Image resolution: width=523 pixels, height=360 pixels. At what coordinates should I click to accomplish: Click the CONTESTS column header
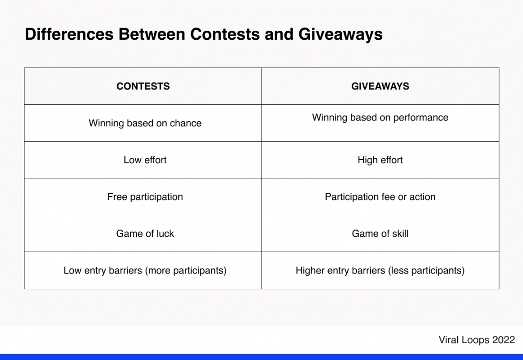[x=143, y=86]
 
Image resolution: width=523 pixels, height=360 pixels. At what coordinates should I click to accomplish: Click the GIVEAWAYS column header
[x=380, y=86]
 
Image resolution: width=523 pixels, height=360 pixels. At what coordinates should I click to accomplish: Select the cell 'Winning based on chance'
[x=145, y=123]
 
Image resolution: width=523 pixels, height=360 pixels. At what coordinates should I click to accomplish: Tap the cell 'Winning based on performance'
[x=380, y=118]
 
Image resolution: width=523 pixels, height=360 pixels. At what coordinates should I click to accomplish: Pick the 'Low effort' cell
[x=145, y=160]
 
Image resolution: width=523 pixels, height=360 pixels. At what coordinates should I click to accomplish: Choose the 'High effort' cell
[x=380, y=160]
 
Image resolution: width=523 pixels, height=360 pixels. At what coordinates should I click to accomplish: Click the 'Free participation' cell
[x=145, y=197]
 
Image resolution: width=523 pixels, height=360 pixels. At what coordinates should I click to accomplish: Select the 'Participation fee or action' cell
[x=380, y=197]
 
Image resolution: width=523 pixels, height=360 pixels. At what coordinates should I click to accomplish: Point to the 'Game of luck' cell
[x=145, y=234]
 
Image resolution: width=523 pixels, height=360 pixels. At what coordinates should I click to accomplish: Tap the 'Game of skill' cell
[x=380, y=234]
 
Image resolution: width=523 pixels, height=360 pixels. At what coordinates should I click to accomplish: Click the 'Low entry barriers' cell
[x=145, y=271]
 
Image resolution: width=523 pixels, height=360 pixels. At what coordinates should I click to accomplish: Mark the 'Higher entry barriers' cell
[x=380, y=271]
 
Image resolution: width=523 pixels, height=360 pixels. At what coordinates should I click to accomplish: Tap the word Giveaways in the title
[x=340, y=34]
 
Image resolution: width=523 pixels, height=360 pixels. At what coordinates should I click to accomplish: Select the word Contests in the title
[x=225, y=34]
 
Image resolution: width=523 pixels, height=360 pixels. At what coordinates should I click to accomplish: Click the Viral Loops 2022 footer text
[x=477, y=340]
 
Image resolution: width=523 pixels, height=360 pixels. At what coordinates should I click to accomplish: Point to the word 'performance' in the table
[x=421, y=118]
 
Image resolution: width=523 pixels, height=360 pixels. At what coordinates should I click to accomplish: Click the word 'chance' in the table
[x=185, y=123]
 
